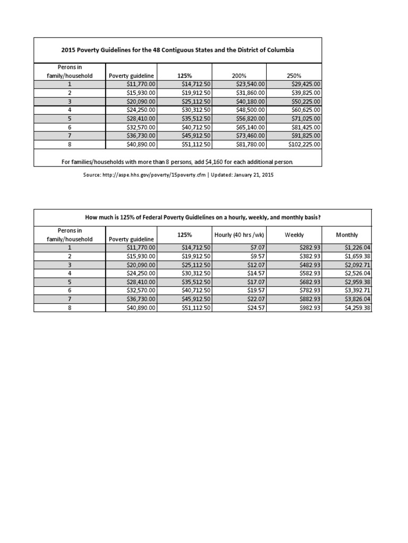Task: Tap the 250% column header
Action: tap(293, 76)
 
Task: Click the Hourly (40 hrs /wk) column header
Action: tap(239, 234)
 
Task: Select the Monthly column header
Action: tap(347, 234)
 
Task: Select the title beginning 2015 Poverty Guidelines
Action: tap(177, 50)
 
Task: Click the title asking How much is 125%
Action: tap(203, 217)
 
